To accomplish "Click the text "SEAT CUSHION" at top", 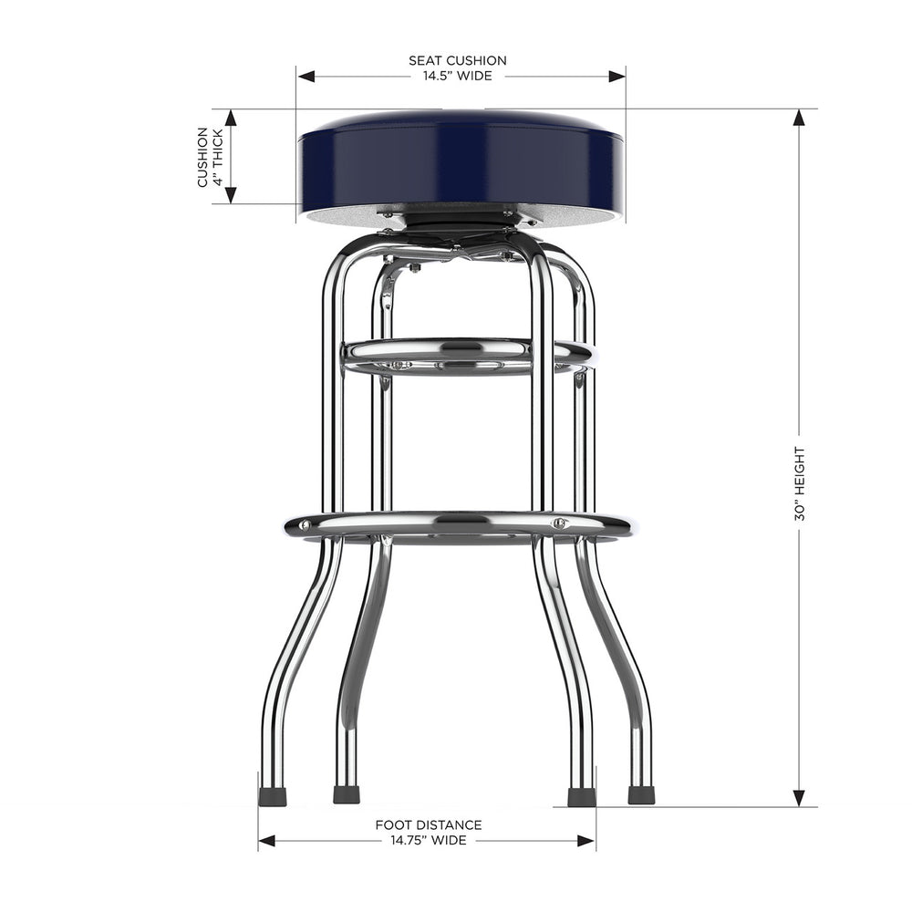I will point(457,60).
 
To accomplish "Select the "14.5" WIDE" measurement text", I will point(457,76).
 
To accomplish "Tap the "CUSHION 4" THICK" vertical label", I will point(209,157).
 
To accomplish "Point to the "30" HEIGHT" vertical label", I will point(800,483).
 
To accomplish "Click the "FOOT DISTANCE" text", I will point(429,824).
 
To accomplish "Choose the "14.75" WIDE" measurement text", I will point(429,840).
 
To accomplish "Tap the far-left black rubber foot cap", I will point(273,797).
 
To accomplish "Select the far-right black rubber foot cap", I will point(641,794).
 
